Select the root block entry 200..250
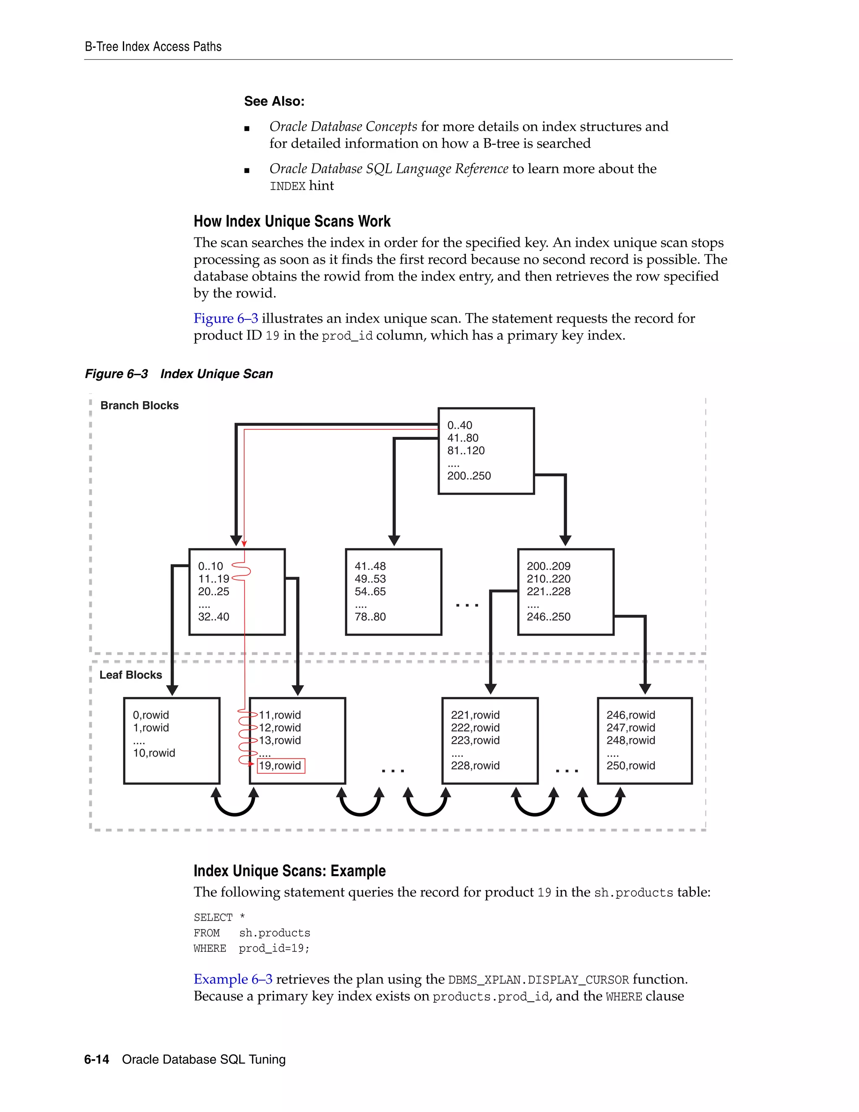click(469, 475)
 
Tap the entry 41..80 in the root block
click(463, 438)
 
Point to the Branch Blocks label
click(139, 405)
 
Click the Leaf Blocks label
click(131, 675)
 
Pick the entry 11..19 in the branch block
click(213, 579)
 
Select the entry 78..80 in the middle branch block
click(370, 616)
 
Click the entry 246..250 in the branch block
click(548, 616)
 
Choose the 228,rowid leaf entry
click(475, 765)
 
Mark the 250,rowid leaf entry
click(630, 765)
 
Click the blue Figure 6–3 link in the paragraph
click(225, 318)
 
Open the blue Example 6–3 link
click(232, 979)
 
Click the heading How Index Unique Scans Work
click(292, 221)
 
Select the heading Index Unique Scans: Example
click(289, 871)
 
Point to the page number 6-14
click(97, 1059)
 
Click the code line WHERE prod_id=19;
click(251, 948)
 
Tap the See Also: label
click(274, 101)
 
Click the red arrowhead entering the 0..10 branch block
click(244, 544)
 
